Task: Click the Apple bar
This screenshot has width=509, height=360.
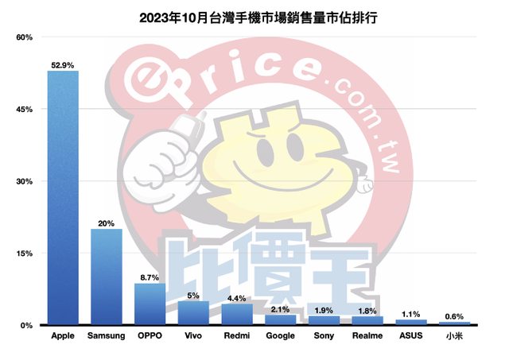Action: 63,198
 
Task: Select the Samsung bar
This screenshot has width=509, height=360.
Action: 107,277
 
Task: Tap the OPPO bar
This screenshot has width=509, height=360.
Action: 150,304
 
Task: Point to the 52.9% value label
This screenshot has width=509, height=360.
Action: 63,64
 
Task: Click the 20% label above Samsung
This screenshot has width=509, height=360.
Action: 106,223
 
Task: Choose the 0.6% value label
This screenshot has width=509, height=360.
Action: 454,316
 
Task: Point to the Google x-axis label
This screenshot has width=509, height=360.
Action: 280,336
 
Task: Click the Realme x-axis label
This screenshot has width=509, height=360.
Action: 367,336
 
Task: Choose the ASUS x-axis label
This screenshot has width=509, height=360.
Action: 410,336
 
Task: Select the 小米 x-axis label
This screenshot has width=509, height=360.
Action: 454,336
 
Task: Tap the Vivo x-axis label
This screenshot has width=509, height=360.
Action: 193,336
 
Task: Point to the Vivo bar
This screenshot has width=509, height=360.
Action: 193,313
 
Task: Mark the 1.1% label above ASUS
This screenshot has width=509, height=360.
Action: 410,314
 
